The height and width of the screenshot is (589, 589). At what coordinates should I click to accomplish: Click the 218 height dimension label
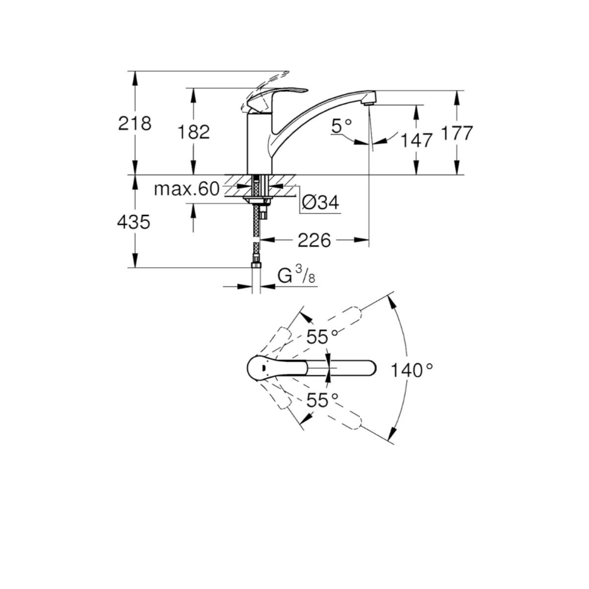pos(134,123)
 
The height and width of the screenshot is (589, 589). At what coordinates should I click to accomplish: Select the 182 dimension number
pos(193,132)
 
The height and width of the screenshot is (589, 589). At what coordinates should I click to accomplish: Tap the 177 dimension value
pos(456,133)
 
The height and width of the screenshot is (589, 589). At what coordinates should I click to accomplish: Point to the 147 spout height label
pos(416,141)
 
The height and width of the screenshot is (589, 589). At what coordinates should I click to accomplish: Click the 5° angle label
pos(342,126)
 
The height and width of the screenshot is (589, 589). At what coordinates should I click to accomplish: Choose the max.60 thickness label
pos(187,189)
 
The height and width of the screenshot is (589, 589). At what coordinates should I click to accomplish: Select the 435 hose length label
pos(134,222)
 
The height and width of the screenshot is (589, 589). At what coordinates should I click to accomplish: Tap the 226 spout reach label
pos(314,240)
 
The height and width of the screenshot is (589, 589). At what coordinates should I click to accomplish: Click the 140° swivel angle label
pos(412,370)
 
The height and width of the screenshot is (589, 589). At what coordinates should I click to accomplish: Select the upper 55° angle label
pos(322,336)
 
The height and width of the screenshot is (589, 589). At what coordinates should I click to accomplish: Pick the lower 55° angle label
pos(322,401)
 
